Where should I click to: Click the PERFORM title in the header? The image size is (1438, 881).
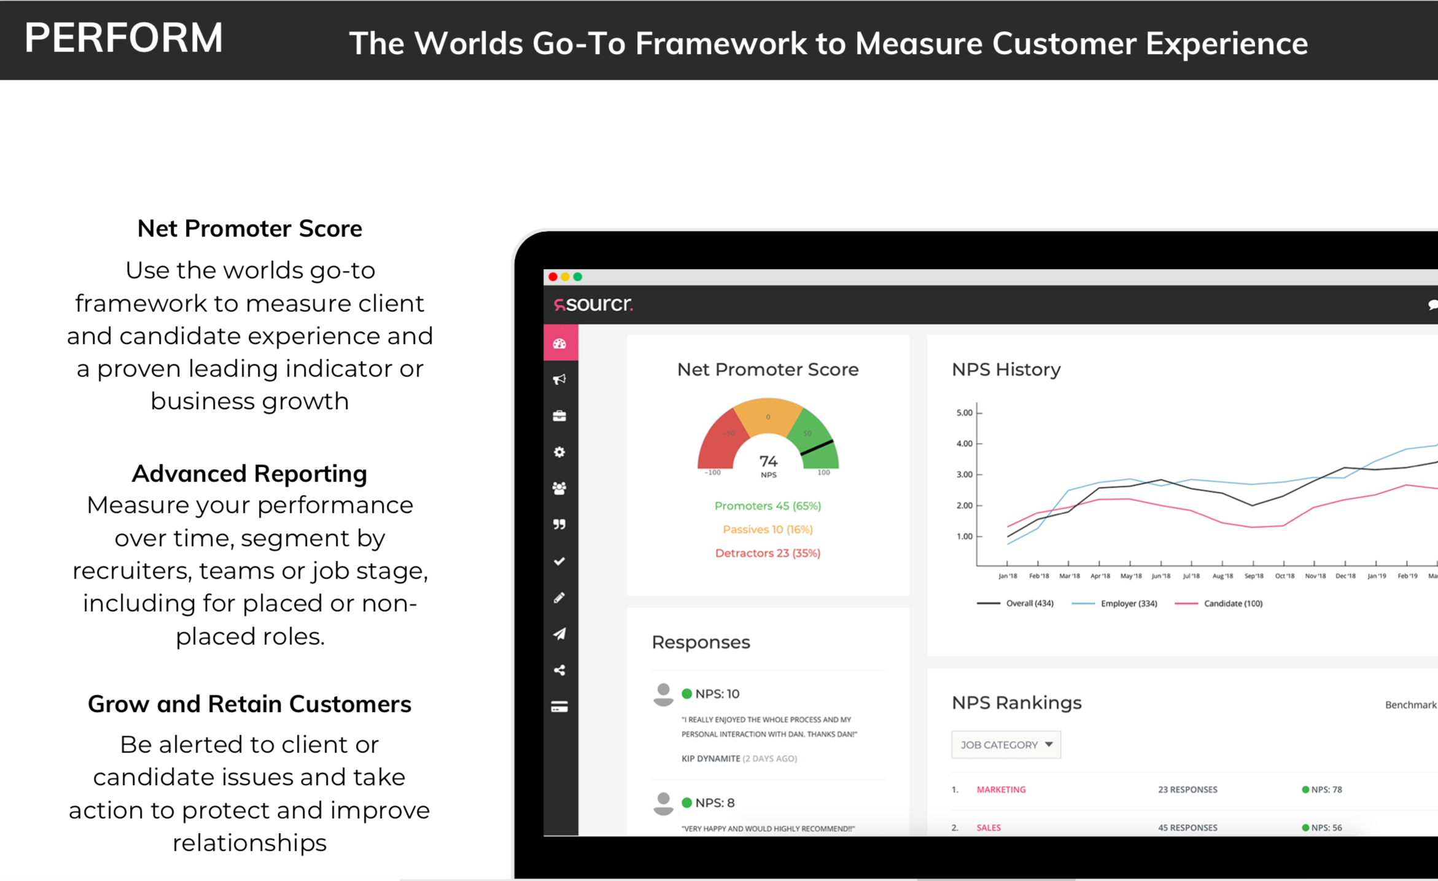123,38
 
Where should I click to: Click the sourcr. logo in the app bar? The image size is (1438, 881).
593,303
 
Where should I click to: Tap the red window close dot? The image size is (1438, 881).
553,276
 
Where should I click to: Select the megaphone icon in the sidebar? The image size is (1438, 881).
559,379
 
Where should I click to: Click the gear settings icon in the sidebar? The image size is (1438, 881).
559,452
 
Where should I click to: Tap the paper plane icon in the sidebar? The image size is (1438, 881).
559,633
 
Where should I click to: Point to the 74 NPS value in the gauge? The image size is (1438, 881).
768,461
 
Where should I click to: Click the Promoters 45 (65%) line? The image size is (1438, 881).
768,506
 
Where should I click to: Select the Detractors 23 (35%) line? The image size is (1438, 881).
768,553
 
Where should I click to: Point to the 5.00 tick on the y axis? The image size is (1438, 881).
964,412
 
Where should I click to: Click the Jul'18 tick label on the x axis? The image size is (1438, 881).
1191,576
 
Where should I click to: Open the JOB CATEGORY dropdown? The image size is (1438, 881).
1006,745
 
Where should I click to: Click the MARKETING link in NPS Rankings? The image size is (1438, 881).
1001,789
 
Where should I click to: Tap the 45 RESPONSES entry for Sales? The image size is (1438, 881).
1187,828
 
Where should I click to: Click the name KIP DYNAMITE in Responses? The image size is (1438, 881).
710,758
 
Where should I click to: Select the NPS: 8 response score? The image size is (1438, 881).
715,802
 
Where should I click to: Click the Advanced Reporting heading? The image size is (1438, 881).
249,474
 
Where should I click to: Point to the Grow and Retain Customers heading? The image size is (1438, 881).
249,704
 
